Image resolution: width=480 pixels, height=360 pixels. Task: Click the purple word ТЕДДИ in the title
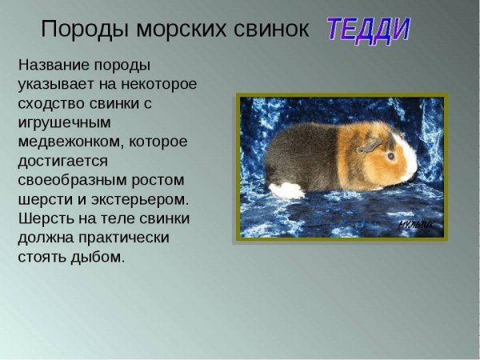367,29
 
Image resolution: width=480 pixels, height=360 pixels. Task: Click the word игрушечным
64,122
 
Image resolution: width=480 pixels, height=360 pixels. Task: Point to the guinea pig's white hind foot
286,190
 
